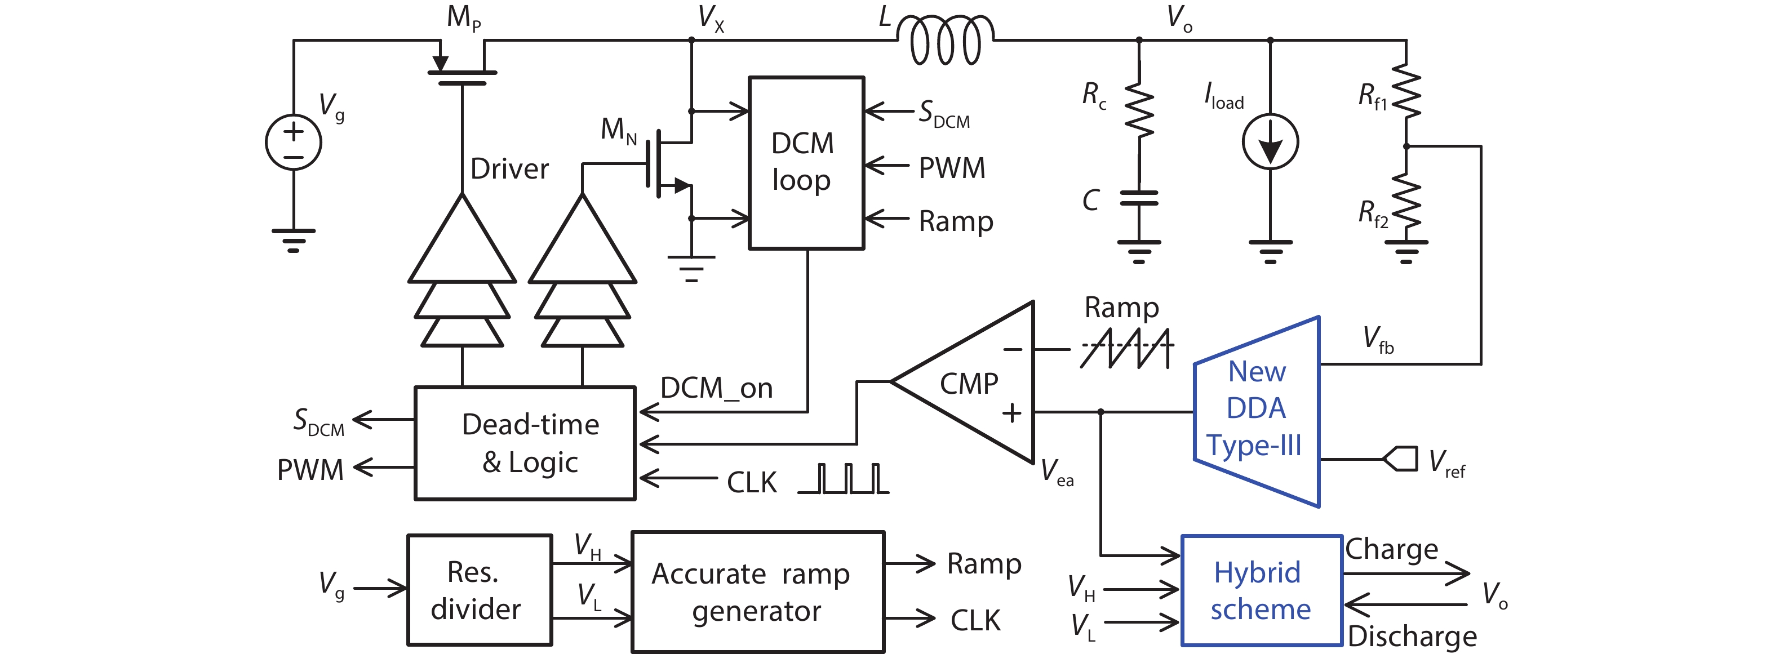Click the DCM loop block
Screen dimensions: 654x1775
pos(806,163)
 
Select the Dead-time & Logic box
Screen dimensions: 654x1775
pos(525,443)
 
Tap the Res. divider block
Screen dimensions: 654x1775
pos(480,590)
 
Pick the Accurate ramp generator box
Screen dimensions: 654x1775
pos(758,591)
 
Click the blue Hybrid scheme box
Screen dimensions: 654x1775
pos(1262,590)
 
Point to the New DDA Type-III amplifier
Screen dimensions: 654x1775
pos(1257,411)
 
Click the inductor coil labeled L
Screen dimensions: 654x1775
pos(946,40)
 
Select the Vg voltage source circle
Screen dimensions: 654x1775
pos(294,142)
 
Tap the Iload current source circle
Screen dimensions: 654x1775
pos(1270,142)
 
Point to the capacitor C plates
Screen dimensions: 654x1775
pos(1139,198)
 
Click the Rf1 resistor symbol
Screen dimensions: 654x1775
pos(1406,93)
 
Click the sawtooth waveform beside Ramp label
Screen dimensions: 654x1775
pos(1126,348)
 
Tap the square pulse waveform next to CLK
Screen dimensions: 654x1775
pos(844,479)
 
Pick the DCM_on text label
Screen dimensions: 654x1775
pos(716,389)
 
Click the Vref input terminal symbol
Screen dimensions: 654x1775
pos(1401,459)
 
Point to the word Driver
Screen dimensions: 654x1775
pos(509,169)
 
